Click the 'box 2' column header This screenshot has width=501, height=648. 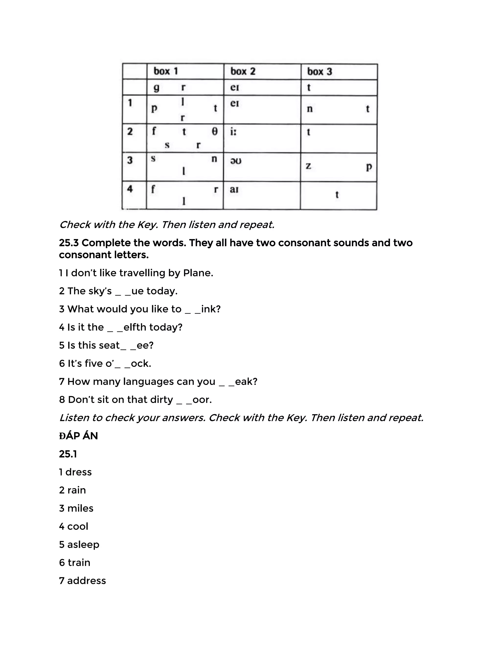tap(242, 71)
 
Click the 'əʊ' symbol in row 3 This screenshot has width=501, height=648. tap(236, 161)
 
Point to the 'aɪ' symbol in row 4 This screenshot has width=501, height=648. tap(234, 189)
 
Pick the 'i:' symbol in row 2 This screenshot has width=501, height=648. tap(233, 132)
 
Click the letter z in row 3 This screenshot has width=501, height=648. tap(308, 166)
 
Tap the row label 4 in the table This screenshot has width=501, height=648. tap(130, 189)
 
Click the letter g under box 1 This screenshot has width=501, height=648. tap(156, 88)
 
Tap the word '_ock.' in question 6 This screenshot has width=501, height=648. tap(138, 363)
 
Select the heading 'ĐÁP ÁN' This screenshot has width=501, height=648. tap(78, 436)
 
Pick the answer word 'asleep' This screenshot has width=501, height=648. tap(83, 545)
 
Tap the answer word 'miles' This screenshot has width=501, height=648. tap(80, 508)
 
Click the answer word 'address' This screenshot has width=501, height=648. tap(86, 581)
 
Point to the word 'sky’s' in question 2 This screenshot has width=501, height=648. tap(89, 291)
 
